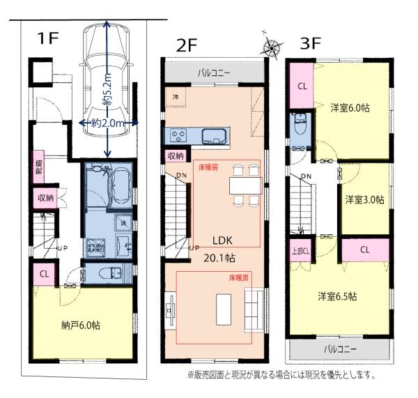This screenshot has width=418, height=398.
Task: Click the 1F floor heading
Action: tap(48, 38)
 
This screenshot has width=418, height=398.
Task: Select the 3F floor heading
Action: tap(311, 43)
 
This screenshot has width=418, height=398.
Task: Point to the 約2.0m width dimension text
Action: tap(105, 123)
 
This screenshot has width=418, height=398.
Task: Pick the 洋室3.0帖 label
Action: tap(364, 199)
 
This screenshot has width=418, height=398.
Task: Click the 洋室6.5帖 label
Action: tap(338, 296)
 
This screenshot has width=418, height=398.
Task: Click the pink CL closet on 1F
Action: tap(44, 274)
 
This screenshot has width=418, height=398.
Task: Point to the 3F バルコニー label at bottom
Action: tap(340, 348)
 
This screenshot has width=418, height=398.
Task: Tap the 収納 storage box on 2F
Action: tap(176, 155)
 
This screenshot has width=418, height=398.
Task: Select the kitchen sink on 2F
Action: tap(210, 135)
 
